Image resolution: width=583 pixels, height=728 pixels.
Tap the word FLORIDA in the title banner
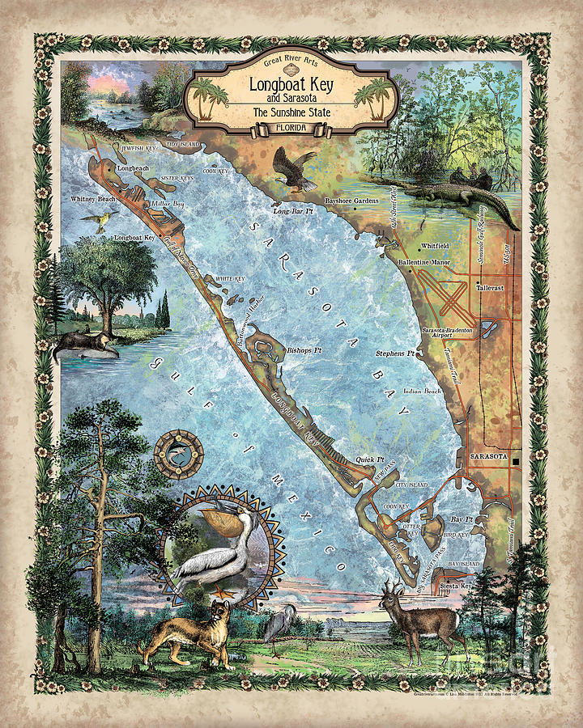click(x=291, y=128)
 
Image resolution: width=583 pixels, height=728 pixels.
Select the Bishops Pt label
click(x=304, y=351)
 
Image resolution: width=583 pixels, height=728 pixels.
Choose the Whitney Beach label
click(x=94, y=198)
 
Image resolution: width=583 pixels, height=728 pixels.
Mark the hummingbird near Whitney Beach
click(x=101, y=218)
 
